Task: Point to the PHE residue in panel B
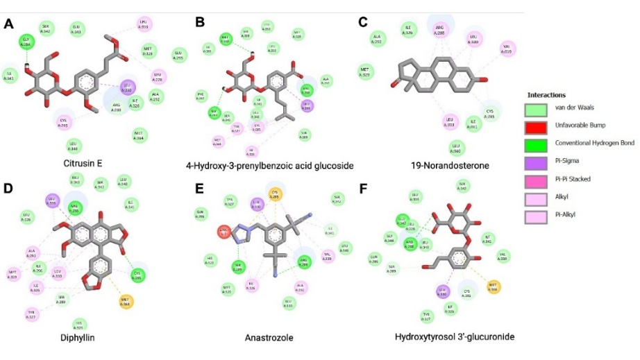point(201,96)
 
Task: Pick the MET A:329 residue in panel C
point(367,71)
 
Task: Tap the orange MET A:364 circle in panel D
point(125,302)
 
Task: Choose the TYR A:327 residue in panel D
point(32,312)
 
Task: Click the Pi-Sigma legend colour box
point(537,162)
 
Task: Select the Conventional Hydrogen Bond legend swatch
point(537,144)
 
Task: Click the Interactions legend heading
point(547,94)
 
